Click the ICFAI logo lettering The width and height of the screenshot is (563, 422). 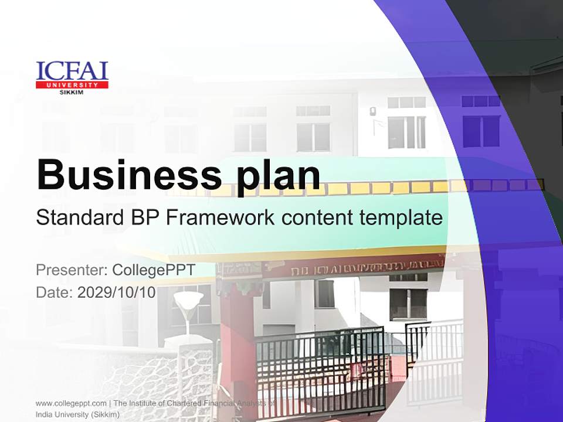[x=72, y=70]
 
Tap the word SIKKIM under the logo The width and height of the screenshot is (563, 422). [x=72, y=92]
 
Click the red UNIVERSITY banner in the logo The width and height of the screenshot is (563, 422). [x=72, y=85]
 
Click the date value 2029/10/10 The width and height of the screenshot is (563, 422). [x=117, y=292]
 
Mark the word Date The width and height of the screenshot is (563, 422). [x=53, y=292]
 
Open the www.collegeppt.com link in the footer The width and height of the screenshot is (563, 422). [x=71, y=403]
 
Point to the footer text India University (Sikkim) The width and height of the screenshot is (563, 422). [x=78, y=414]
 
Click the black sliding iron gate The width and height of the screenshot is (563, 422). [x=320, y=369]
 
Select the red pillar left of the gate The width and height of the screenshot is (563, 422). [x=238, y=346]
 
